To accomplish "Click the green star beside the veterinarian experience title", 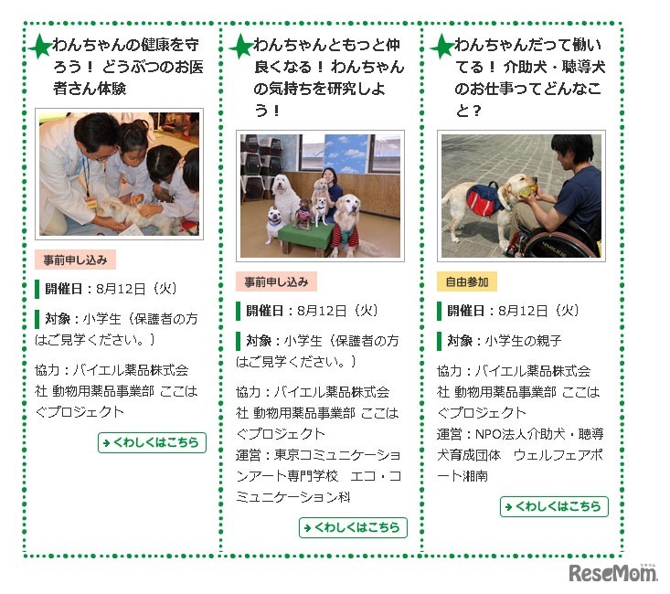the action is click(41, 47).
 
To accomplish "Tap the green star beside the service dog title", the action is click(443, 47).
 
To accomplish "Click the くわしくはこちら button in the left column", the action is click(152, 442).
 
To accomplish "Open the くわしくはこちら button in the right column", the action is click(554, 506).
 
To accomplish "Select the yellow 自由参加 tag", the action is click(467, 281).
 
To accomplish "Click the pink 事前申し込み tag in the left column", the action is click(75, 260).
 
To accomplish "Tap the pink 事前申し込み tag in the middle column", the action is click(276, 281).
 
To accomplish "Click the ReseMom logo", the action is click(613, 573).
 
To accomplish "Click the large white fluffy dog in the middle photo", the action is click(285, 195).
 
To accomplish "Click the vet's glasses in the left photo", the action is click(104, 155).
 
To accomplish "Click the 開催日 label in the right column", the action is click(466, 311).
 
